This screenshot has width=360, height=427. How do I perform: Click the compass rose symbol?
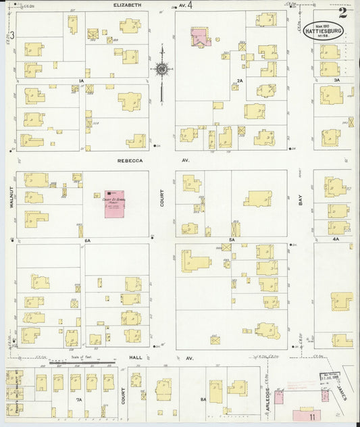(x=162, y=68)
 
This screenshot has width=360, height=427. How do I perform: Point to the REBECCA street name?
(x=129, y=161)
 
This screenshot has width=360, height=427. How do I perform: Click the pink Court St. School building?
(x=115, y=203)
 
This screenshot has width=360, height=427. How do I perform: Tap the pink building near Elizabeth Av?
(x=200, y=38)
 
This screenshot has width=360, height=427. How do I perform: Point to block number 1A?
(x=80, y=81)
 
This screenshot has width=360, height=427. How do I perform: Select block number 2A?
(x=240, y=81)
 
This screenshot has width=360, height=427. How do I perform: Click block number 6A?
(x=87, y=240)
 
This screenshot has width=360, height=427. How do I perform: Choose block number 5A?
(x=231, y=240)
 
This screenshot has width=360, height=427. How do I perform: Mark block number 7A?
(x=79, y=400)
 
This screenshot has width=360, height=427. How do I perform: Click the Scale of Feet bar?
(x=86, y=363)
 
